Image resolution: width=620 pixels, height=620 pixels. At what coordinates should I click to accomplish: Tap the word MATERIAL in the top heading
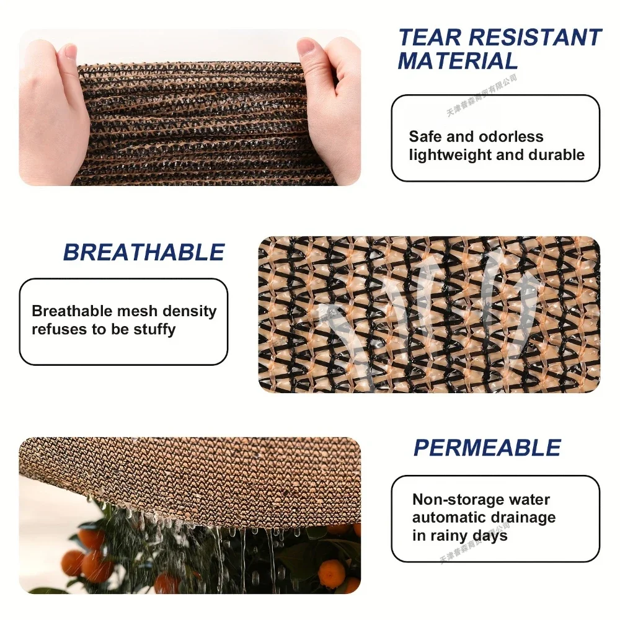tap(458, 61)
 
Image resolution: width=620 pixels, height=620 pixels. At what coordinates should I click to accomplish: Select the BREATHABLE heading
tap(143, 252)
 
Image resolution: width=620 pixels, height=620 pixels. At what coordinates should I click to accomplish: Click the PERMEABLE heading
tap(487, 448)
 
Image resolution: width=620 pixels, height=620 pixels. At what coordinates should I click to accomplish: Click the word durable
tap(556, 155)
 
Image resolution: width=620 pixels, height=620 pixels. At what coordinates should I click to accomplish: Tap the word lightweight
tap(450, 155)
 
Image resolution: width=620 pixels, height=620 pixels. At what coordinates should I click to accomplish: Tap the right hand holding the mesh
tap(332, 105)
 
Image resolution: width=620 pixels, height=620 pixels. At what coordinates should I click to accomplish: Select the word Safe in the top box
tap(425, 137)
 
